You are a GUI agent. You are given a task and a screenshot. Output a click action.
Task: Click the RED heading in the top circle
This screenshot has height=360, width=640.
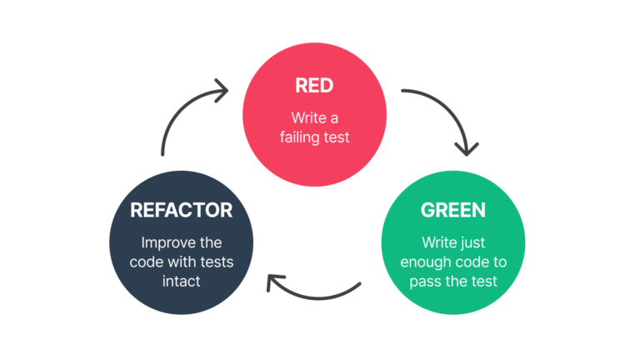click(x=314, y=85)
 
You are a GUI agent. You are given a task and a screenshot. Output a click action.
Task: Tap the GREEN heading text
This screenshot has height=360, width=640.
click(x=452, y=210)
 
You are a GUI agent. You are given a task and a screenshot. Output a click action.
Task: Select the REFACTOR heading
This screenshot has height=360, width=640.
click(x=181, y=210)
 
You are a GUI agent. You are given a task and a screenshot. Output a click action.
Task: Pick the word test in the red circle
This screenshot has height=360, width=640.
click(x=336, y=137)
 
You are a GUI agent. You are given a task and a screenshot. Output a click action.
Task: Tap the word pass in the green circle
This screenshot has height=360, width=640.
click(x=426, y=281)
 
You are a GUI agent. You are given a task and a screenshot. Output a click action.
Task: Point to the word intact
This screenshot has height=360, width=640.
click(x=181, y=281)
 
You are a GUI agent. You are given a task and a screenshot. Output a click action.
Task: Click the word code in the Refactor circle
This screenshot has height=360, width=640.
click(x=147, y=262)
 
